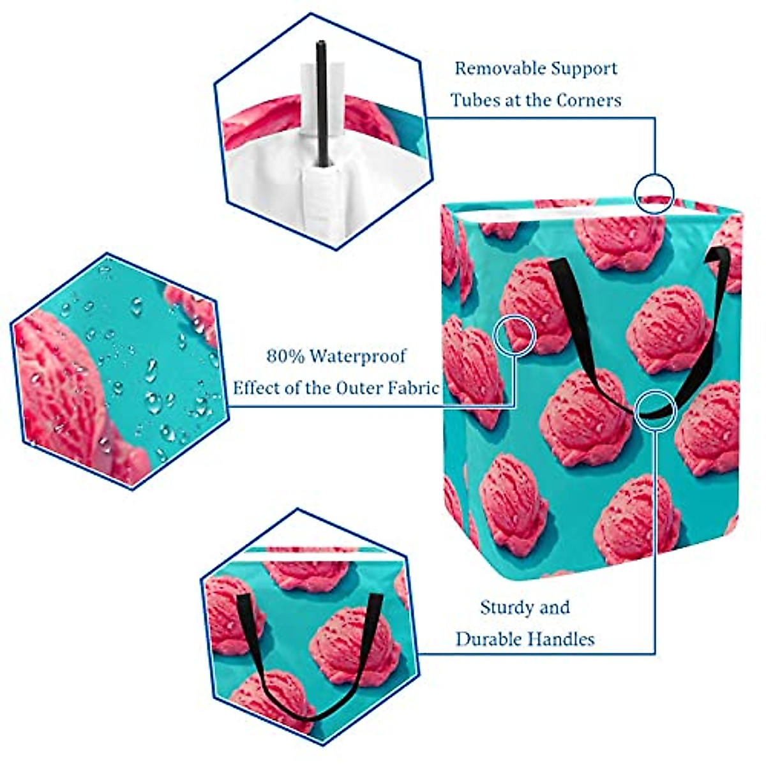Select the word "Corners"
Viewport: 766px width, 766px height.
(589, 100)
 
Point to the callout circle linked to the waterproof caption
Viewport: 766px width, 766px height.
(514, 335)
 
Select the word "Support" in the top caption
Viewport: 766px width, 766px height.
(578, 68)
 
